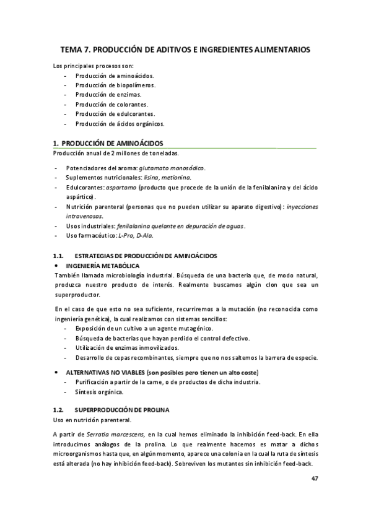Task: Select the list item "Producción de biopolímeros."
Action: (115, 85)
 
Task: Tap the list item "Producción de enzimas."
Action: (108, 95)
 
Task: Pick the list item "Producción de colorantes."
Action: (111, 105)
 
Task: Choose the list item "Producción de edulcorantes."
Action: (115, 114)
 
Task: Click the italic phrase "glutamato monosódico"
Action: (172, 168)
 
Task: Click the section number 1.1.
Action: (59, 256)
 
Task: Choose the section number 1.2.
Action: (59, 410)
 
